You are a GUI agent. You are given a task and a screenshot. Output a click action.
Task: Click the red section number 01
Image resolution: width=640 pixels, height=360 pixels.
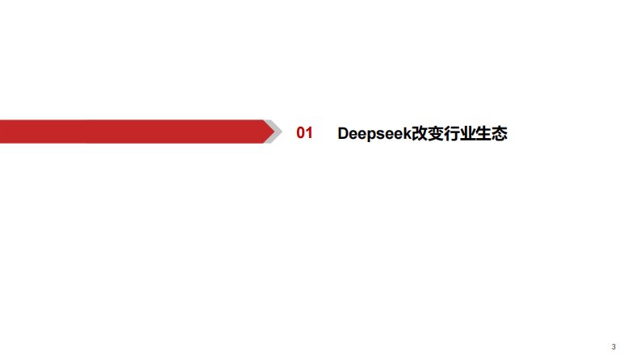304,133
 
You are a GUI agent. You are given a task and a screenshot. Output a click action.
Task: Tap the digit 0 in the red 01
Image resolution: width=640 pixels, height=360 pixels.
300,133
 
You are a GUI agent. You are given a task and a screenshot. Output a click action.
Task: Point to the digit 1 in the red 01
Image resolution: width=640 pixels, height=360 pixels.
308,133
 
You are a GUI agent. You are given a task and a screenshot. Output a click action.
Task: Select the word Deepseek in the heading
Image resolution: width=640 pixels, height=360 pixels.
374,133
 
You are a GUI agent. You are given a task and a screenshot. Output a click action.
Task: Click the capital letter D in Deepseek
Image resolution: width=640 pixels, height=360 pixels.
342,133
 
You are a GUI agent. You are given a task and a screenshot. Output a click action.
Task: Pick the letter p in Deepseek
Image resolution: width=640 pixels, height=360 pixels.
370,135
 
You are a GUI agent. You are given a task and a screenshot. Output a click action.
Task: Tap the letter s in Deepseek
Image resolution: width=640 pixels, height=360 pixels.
379,134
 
